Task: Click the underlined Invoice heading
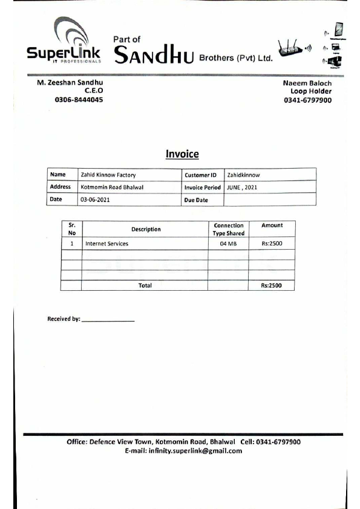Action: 182,155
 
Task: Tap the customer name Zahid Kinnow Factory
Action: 108,175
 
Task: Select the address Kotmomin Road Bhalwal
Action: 112,187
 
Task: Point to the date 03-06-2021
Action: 95,199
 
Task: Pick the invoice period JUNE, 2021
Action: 242,187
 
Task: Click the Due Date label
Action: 196,200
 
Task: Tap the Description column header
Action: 146,230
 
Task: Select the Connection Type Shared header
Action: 228,229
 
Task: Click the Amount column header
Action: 272,225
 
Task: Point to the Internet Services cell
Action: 106,244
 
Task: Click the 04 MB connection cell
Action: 228,244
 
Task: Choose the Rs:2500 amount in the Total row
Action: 272,285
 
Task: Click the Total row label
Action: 145,285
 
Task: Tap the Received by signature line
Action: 108,320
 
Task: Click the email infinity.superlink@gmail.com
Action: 183,451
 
